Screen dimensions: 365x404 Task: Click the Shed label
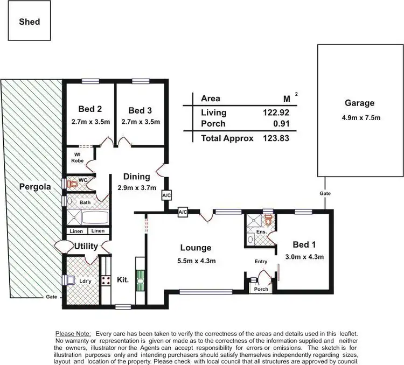coord(30,22)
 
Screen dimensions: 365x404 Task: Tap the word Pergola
coord(35,187)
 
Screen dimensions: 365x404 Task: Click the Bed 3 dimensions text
coord(141,122)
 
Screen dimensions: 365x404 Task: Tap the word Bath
coord(85,202)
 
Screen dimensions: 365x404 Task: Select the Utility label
coord(86,247)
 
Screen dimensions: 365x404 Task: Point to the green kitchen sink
coord(141,280)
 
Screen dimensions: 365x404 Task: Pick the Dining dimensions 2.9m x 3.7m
coord(136,188)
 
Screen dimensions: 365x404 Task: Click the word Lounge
coord(196,248)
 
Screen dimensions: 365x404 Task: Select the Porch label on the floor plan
coord(261,289)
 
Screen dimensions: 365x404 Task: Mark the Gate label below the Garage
coord(325,193)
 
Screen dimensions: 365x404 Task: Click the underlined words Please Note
coord(73,334)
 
